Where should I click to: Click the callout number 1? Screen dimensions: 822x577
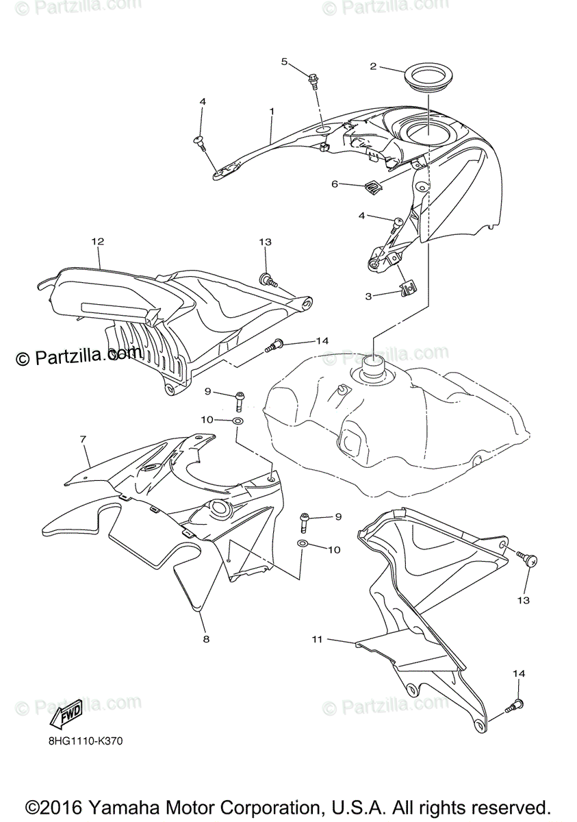(x=272, y=111)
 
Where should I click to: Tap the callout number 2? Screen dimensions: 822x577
(x=373, y=66)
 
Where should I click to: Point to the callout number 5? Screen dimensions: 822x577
(x=284, y=62)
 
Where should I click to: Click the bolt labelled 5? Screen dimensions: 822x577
(x=315, y=81)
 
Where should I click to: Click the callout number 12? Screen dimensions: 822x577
(x=97, y=241)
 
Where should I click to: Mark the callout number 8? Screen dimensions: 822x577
(x=205, y=639)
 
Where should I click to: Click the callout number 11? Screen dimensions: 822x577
(x=316, y=639)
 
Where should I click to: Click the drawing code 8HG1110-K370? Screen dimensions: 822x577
(x=86, y=741)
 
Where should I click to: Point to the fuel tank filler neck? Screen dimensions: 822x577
(x=374, y=369)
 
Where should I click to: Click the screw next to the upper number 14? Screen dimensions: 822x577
(x=273, y=346)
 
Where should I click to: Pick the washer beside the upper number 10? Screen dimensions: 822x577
(x=238, y=420)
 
